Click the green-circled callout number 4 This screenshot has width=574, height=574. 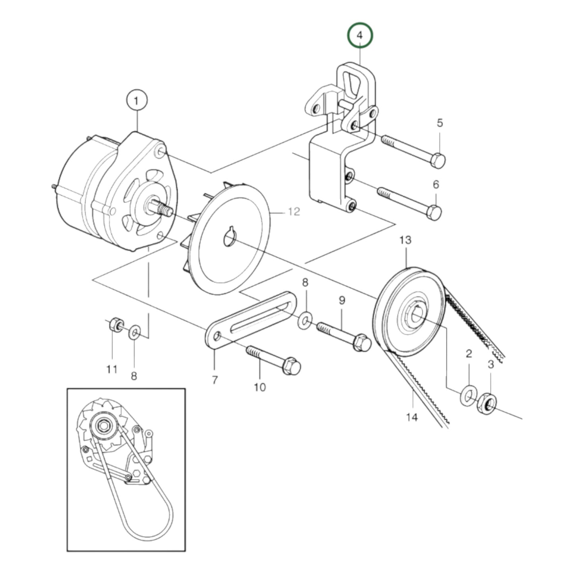coord(360,35)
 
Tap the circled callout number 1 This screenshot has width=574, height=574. coord(137,101)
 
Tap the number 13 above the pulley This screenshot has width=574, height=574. coord(405,240)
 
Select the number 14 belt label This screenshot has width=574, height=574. coord(412,417)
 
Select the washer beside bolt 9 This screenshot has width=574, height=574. coord(305,319)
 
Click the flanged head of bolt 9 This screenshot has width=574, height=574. coord(361,343)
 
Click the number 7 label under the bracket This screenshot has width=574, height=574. coord(215,380)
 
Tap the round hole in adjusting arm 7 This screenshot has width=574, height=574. coord(217,337)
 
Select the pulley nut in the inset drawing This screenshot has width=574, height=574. coord(103,425)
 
